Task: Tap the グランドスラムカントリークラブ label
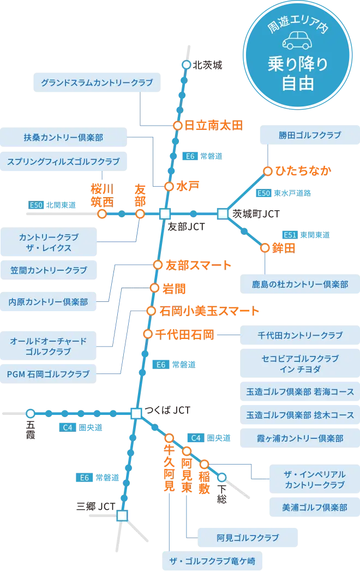click(97, 83)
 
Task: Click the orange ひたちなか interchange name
click(304, 171)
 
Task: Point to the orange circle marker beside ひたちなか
click(268, 171)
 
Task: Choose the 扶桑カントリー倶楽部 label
click(63, 138)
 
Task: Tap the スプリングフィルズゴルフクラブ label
click(63, 162)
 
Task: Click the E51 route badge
click(290, 235)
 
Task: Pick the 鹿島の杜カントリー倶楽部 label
click(300, 284)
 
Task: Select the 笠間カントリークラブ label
click(49, 270)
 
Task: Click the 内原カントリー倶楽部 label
click(49, 301)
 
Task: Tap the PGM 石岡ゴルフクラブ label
click(48, 374)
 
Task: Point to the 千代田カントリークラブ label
click(300, 335)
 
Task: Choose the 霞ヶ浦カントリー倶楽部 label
click(300, 438)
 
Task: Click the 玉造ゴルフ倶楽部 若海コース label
click(300, 391)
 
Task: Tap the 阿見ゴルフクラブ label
click(248, 538)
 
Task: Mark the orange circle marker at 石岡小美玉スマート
click(151, 311)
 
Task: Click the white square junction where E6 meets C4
click(136, 413)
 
